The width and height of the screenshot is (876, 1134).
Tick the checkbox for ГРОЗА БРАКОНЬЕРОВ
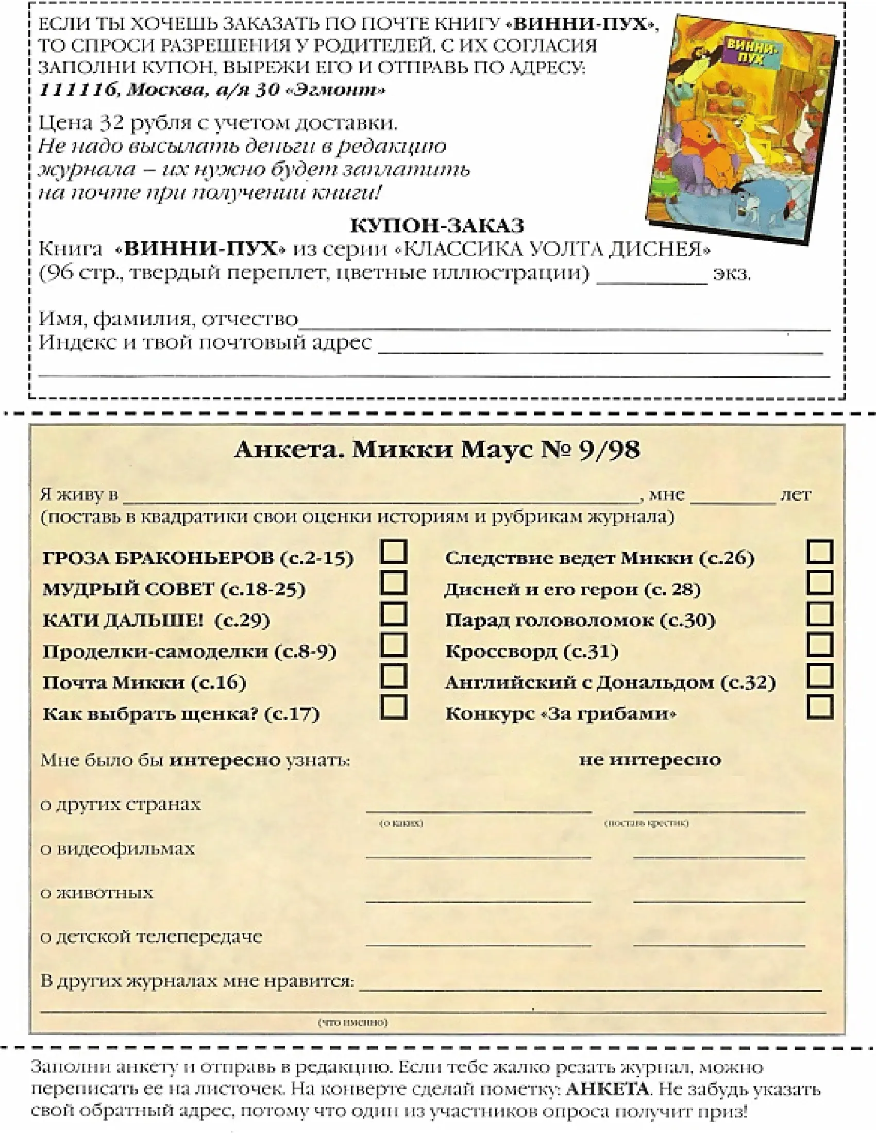click(393, 552)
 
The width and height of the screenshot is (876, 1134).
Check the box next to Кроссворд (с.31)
click(819, 645)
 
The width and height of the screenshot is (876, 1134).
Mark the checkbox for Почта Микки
click(393, 676)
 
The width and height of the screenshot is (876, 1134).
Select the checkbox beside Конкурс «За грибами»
click(819, 707)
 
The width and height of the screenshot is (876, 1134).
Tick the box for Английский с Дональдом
click(819, 676)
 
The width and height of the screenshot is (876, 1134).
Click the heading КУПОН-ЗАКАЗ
click(437, 226)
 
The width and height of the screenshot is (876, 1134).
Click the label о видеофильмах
click(118, 849)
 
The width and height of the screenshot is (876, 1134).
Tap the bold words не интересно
click(650, 760)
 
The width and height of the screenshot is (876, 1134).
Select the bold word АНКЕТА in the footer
click(607, 1088)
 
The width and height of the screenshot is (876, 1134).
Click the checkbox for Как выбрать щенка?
click(393, 707)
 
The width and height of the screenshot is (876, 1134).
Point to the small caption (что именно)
click(352, 1022)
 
